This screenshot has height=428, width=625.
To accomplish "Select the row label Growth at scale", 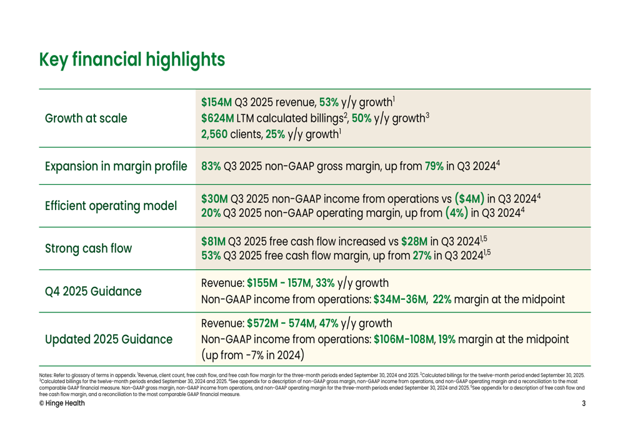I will [86, 119].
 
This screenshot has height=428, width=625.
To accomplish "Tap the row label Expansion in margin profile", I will [116, 167].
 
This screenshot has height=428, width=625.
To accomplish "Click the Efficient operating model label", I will [110, 206].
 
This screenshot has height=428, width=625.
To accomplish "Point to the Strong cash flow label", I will [87, 248].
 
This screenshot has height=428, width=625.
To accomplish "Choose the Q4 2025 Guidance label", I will [92, 291].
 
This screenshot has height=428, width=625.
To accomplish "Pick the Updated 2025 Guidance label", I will [109, 340].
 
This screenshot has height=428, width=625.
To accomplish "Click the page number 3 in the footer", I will [583, 403].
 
